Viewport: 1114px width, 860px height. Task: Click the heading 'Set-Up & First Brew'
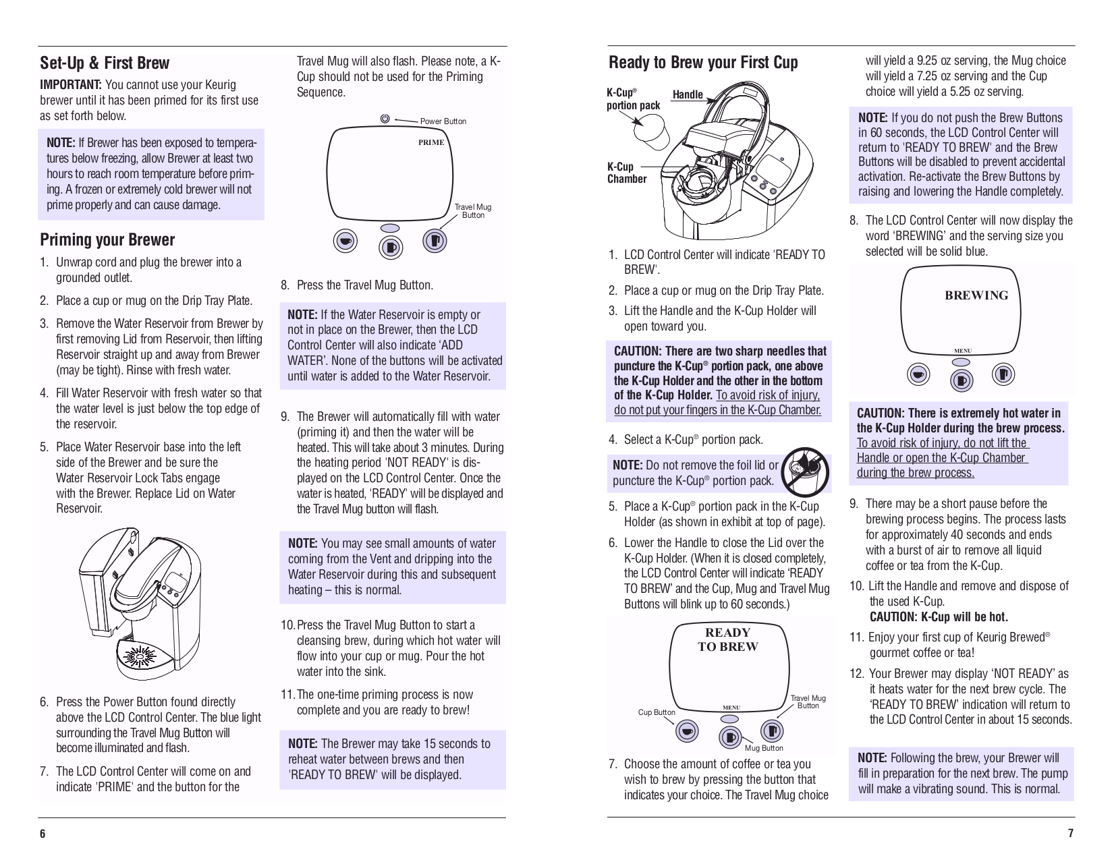[x=105, y=63]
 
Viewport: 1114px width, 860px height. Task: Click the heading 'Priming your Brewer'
[x=107, y=240]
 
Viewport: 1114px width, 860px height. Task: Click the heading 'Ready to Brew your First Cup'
[x=703, y=63]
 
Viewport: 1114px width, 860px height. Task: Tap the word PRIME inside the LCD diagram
[x=431, y=143]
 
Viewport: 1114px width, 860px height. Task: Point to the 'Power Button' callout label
[x=443, y=121]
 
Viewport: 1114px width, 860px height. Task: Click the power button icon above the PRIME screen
[x=385, y=119]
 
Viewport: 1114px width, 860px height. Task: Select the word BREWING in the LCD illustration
[x=976, y=295]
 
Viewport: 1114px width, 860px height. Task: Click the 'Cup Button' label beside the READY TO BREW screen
[x=656, y=712]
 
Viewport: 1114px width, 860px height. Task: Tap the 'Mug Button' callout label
[x=764, y=748]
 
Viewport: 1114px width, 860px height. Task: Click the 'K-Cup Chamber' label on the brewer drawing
[x=626, y=173]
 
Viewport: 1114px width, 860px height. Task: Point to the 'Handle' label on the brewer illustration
[x=688, y=94]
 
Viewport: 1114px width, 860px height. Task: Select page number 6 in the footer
[x=43, y=834]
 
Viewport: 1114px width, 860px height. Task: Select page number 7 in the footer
[x=1070, y=834]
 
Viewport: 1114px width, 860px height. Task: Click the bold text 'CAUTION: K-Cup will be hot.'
[x=939, y=617]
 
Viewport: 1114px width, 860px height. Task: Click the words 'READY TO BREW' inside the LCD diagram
[x=727, y=639]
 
